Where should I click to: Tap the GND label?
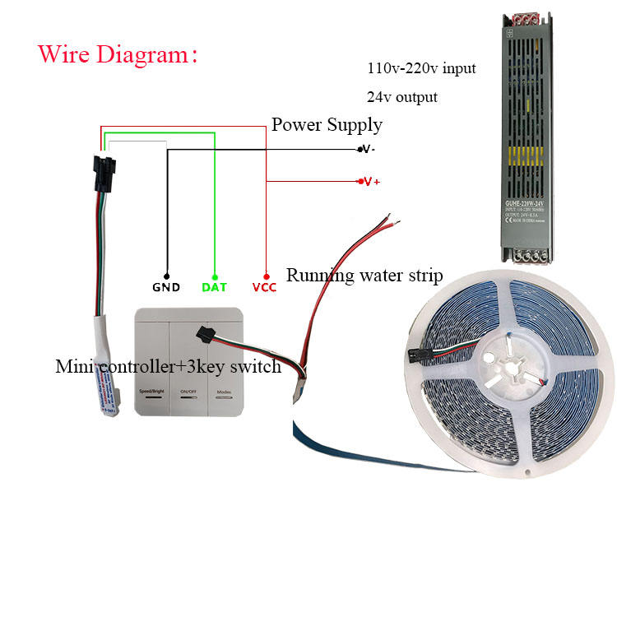(166, 288)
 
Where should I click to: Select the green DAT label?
(214, 288)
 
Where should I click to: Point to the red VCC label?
(265, 288)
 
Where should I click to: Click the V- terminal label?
(368, 149)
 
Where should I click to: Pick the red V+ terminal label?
(370, 181)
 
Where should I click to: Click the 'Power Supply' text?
(327, 125)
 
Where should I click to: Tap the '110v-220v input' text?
(421, 68)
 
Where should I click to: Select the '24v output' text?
(402, 97)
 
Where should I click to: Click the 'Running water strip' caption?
(364, 275)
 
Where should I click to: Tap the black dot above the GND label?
(166, 276)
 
